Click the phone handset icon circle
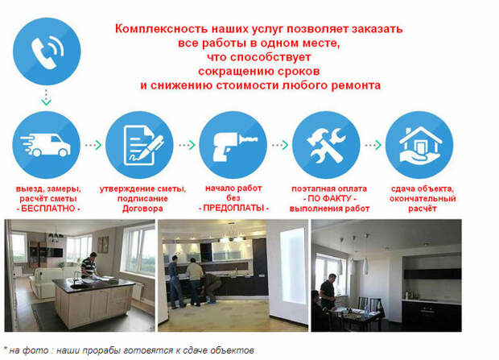click(x=47, y=52)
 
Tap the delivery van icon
click(x=47, y=145)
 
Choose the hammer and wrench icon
click(x=326, y=145)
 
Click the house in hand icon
click(x=419, y=145)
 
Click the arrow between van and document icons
click(x=93, y=145)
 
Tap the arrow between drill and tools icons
click(x=280, y=145)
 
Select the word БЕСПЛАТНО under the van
click(x=48, y=209)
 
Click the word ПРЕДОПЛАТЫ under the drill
click(x=233, y=209)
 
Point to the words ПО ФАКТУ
click(x=329, y=198)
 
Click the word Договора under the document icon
click(x=142, y=209)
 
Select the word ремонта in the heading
click(x=356, y=85)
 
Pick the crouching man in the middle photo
click(x=211, y=288)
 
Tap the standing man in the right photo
click(x=328, y=292)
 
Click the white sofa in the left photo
click(x=51, y=280)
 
